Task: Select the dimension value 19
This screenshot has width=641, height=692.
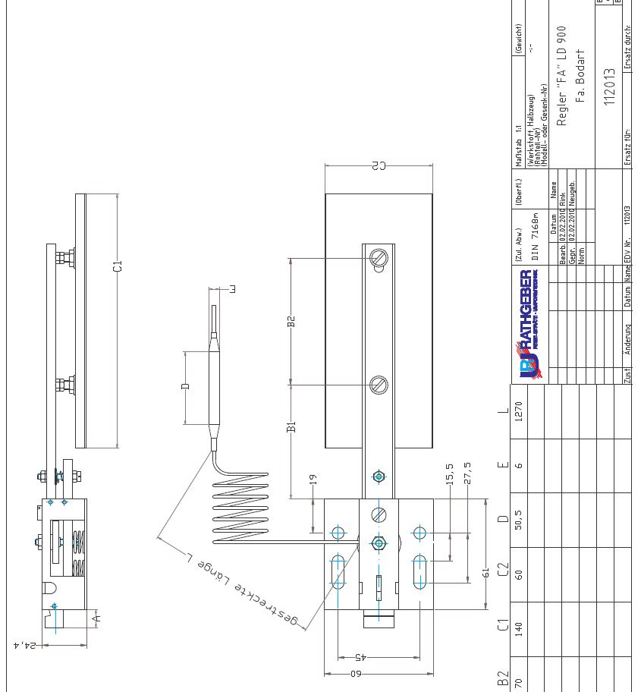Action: [x=313, y=479]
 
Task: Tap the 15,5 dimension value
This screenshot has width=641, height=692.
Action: [x=450, y=476]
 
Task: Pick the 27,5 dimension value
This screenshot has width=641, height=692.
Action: [x=467, y=476]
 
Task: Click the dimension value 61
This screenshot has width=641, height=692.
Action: [x=486, y=574]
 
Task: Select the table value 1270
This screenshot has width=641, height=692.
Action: [x=519, y=410]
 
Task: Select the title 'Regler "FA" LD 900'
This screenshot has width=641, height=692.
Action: [x=562, y=75]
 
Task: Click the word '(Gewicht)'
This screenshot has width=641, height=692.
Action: [x=519, y=39]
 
